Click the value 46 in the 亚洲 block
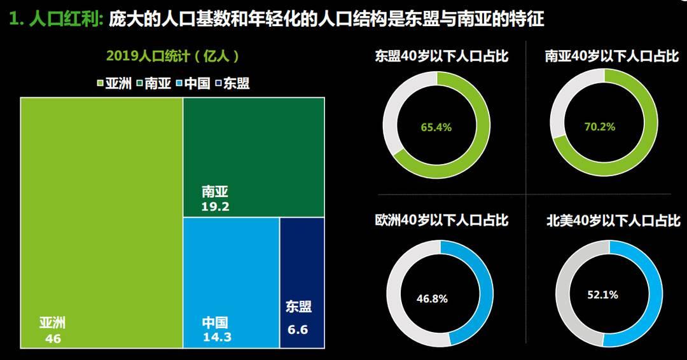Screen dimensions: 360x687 pyautogui.click(x=53, y=339)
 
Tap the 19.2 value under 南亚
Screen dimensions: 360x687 pyautogui.click(x=216, y=206)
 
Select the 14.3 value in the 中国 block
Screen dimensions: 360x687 pyautogui.click(x=217, y=337)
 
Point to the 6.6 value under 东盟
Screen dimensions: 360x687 pyautogui.click(x=297, y=329)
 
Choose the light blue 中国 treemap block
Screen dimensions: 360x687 pyautogui.click(x=231, y=267)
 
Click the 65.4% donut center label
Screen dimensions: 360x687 pyautogui.click(x=436, y=127)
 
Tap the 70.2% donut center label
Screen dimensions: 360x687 pyautogui.click(x=600, y=127)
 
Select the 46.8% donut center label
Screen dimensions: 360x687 pyautogui.click(x=433, y=298)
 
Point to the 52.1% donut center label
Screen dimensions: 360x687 pyautogui.click(x=602, y=294)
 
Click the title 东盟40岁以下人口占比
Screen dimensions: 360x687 pyautogui.click(x=441, y=57)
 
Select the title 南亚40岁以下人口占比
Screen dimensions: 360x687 pyautogui.click(x=612, y=57)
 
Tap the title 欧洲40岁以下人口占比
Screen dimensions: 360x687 pyautogui.click(x=441, y=221)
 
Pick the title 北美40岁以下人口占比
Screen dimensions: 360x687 pyautogui.click(x=613, y=221)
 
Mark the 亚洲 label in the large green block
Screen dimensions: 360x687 pyautogui.click(x=52, y=323)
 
